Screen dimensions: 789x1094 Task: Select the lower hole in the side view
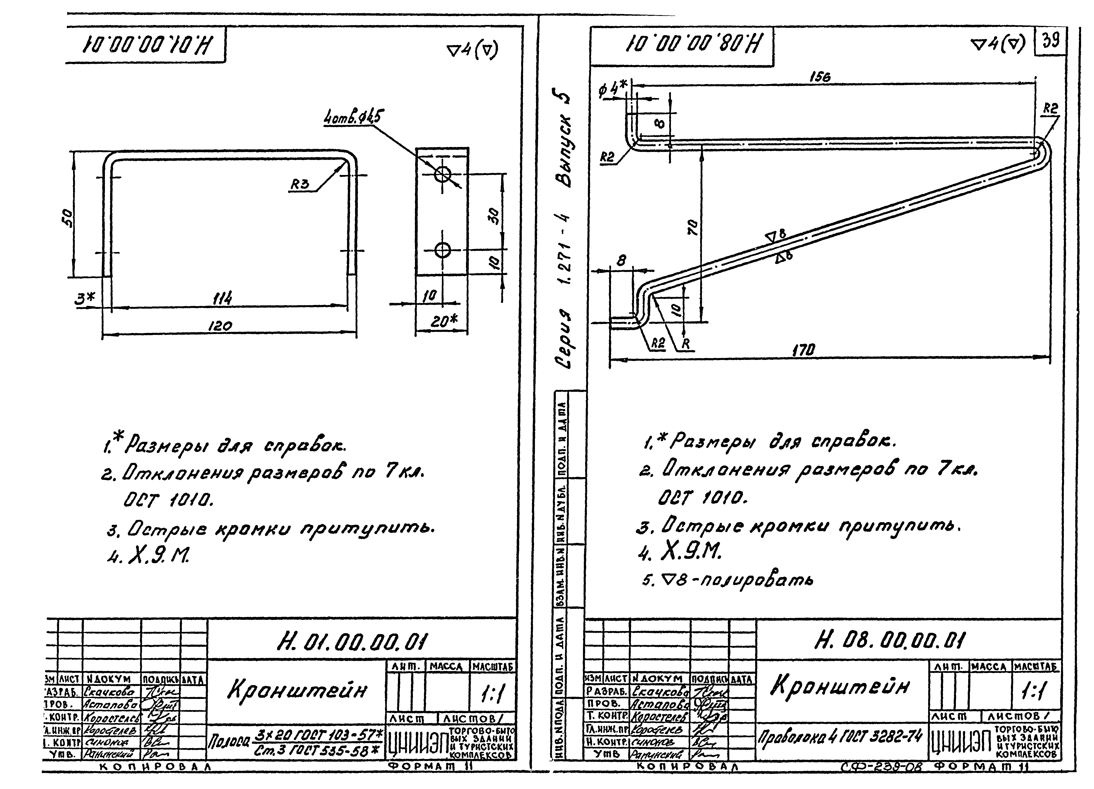442,250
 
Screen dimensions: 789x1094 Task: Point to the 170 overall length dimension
804,350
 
